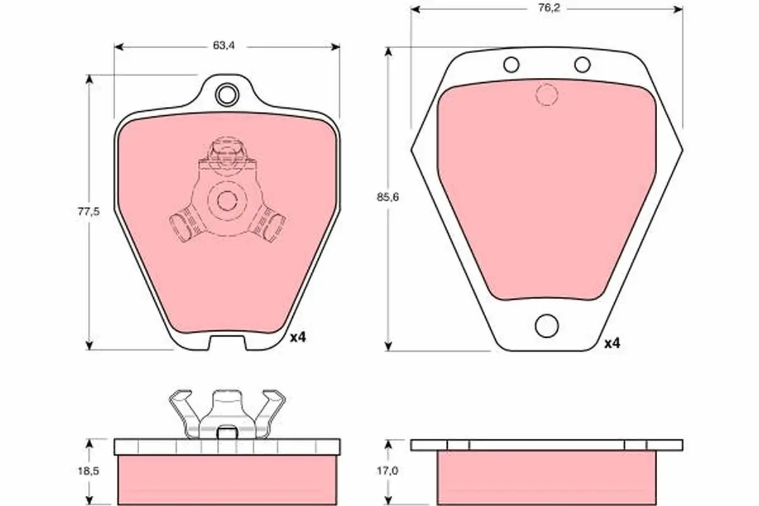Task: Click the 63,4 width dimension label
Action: (x=224, y=46)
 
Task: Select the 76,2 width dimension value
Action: (x=549, y=8)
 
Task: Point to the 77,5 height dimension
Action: (x=89, y=212)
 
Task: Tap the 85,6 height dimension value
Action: (x=388, y=197)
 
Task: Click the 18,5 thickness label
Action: (x=89, y=471)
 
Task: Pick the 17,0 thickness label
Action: (x=388, y=471)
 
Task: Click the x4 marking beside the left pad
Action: (x=298, y=337)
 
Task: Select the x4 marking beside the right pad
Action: (x=612, y=343)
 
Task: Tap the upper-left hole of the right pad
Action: (x=511, y=65)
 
